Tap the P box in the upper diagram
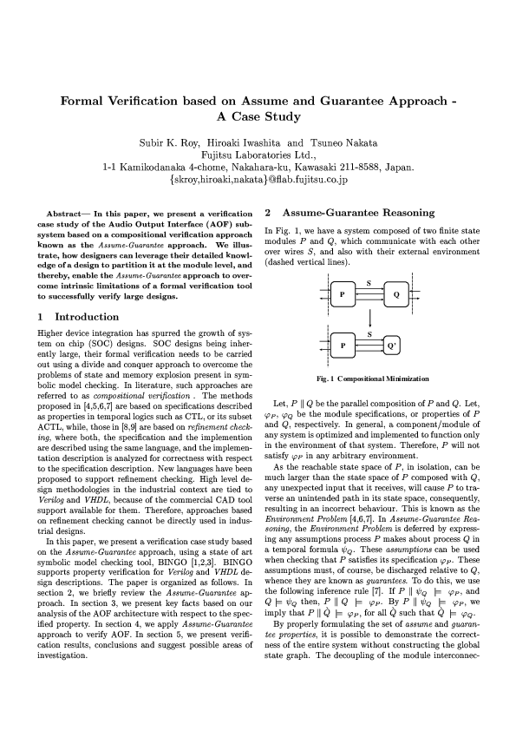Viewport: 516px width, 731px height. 343,294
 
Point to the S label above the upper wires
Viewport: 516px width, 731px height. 369,283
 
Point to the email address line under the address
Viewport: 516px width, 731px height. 258,181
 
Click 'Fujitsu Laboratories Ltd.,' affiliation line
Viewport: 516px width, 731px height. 258,155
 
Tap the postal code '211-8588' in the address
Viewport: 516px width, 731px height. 361,168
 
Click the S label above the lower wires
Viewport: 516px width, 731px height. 369,334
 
